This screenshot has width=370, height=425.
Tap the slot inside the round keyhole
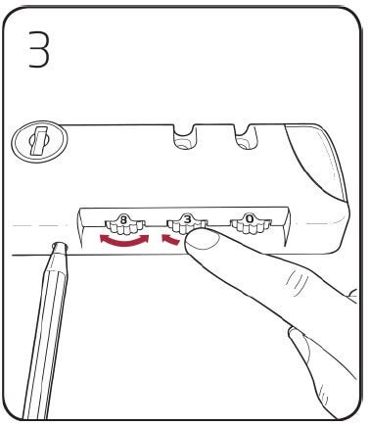pos(35,144)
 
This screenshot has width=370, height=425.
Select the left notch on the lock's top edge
pos(182,138)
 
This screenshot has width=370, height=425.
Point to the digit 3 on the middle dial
pos(187,222)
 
